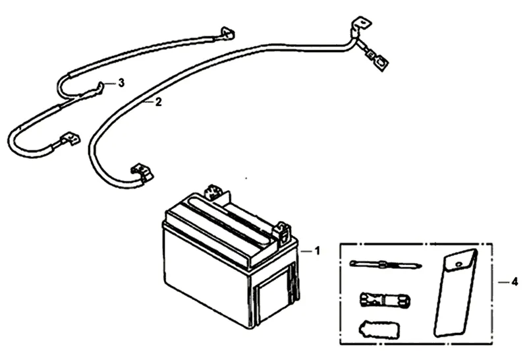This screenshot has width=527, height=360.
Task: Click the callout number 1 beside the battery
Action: (317, 251)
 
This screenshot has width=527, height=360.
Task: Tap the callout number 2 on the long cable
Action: (158, 102)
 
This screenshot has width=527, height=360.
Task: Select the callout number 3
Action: (121, 83)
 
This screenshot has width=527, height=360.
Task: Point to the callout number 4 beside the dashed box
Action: (514, 282)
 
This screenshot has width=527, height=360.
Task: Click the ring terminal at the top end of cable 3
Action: (228, 34)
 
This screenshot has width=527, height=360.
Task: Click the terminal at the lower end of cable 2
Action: (142, 173)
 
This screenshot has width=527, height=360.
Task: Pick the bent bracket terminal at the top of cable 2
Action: (358, 26)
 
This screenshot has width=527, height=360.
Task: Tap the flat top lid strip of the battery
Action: (224, 221)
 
